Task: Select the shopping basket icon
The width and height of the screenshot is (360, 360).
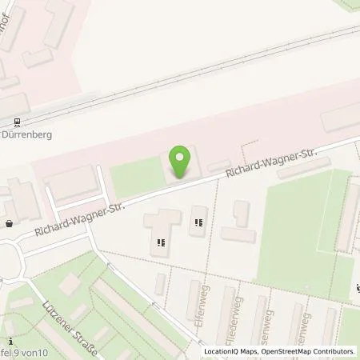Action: (8, 225)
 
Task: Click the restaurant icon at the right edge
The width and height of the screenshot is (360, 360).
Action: (357, 289)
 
